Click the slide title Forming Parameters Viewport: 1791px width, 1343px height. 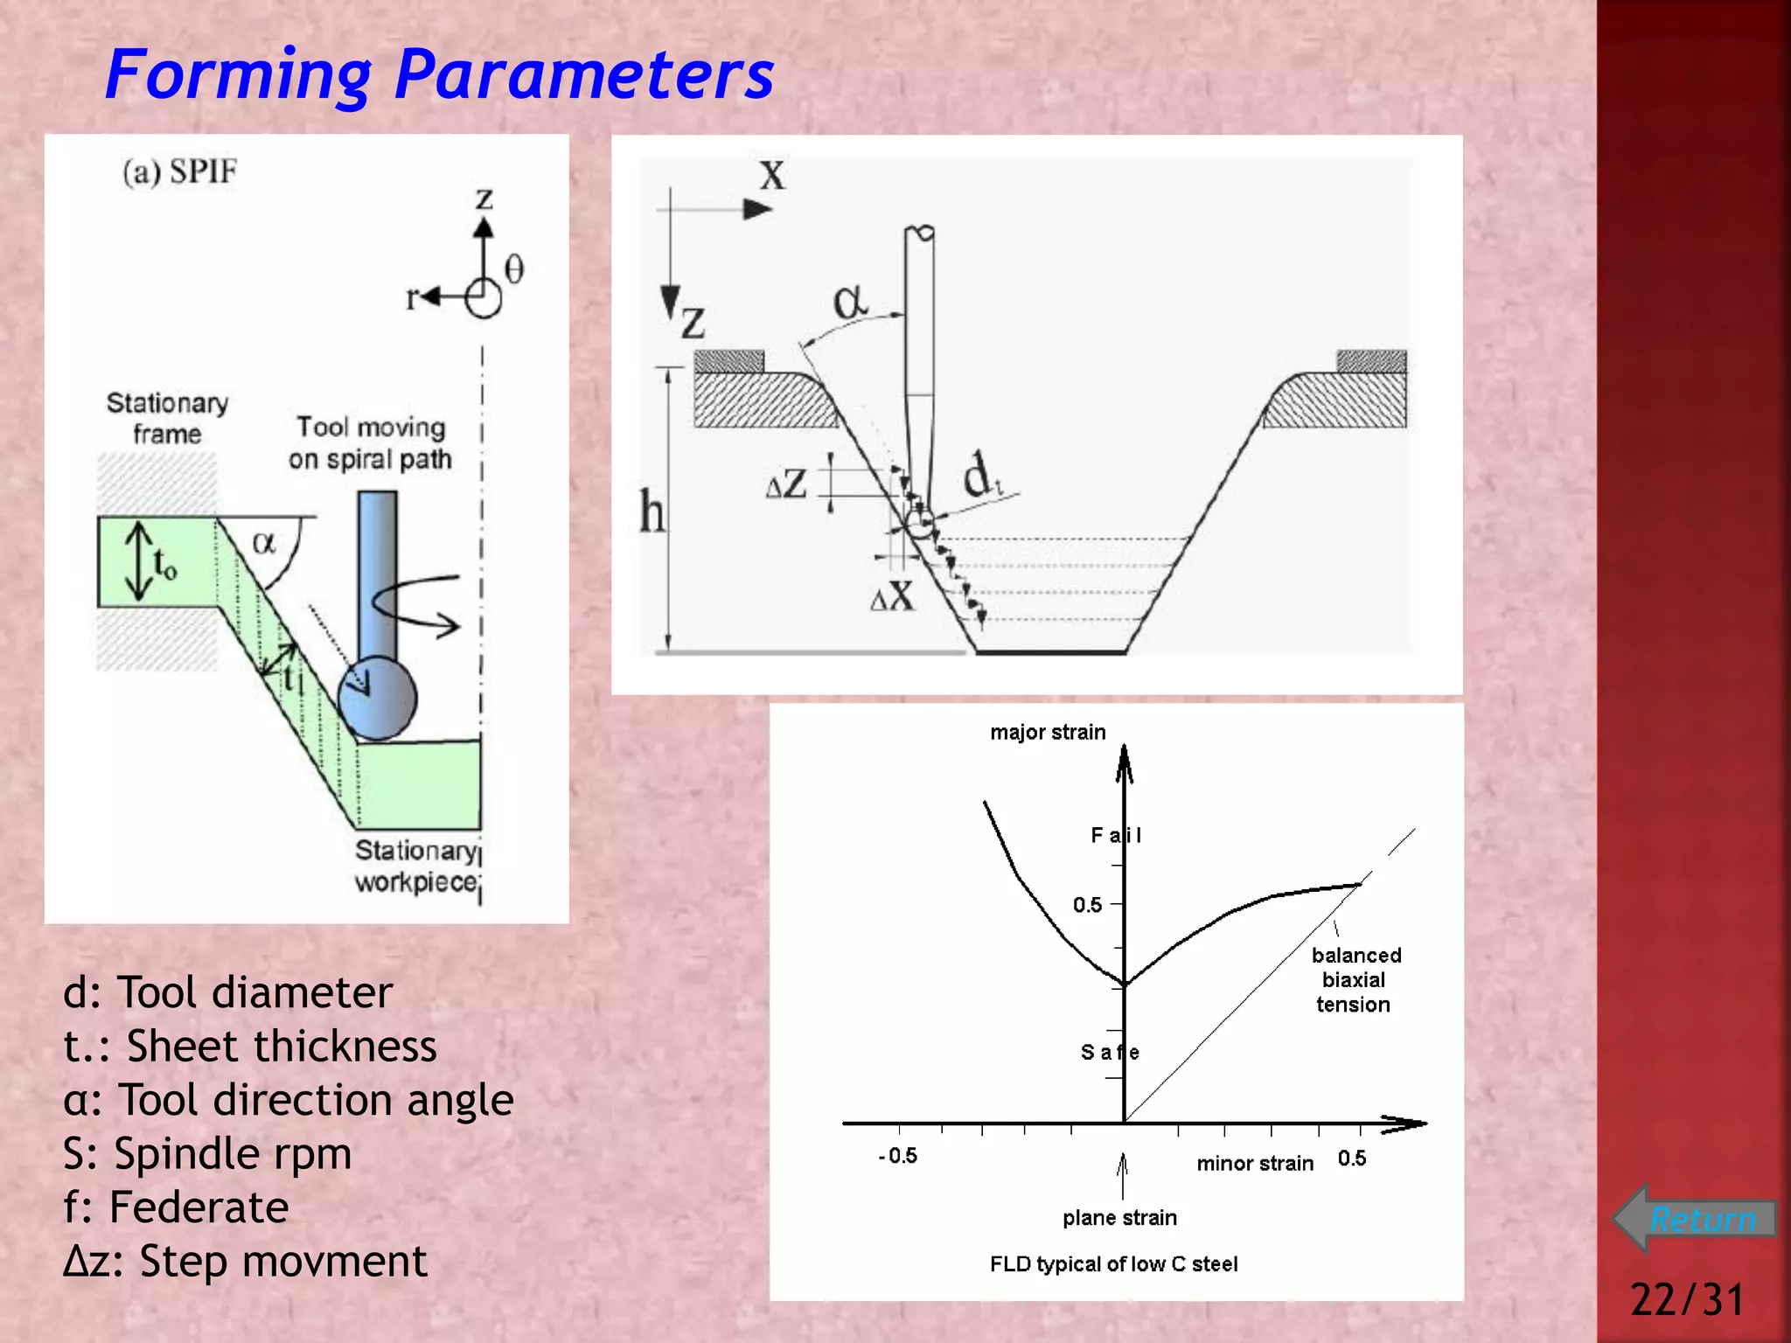tap(439, 75)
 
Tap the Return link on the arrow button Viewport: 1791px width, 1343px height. tap(1702, 1219)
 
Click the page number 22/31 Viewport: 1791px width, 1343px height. tap(1687, 1298)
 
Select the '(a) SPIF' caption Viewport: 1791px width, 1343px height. tap(180, 171)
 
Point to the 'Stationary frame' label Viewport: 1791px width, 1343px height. tap(167, 418)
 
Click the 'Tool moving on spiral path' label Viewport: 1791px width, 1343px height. tap(371, 442)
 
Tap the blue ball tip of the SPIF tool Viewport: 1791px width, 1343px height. tap(378, 698)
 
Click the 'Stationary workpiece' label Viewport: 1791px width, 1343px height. tap(416, 866)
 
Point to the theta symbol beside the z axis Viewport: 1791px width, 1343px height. tap(514, 268)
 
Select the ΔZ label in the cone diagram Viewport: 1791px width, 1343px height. tap(786, 484)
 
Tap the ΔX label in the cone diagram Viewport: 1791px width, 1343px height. tap(892, 597)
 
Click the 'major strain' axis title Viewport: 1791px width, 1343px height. tap(1048, 732)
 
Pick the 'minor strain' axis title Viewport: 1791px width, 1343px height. tap(1255, 1163)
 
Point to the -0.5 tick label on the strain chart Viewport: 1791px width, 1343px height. tap(898, 1156)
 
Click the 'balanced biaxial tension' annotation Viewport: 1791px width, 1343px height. tap(1355, 979)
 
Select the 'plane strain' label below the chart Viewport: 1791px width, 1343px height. tap(1119, 1217)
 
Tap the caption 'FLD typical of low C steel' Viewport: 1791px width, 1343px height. tap(1113, 1263)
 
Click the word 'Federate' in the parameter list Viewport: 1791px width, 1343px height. tap(199, 1207)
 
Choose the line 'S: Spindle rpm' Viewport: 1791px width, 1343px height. tap(207, 1153)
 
